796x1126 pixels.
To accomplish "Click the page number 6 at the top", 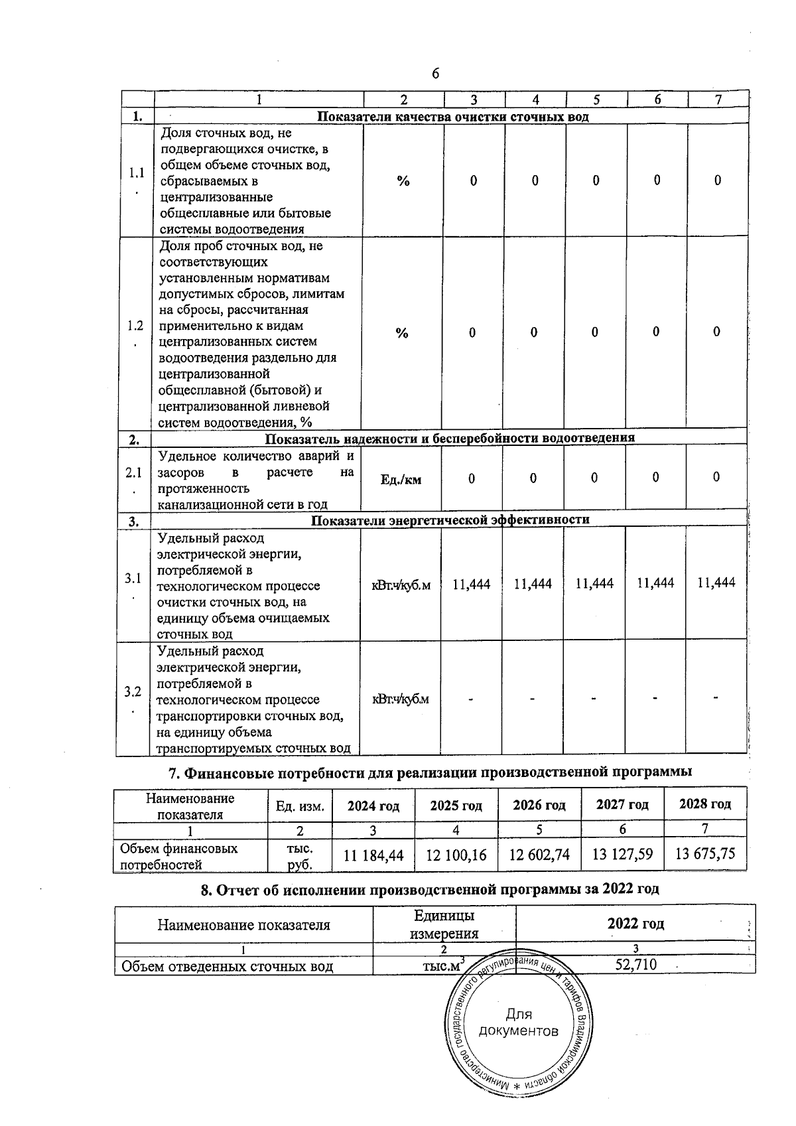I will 435,74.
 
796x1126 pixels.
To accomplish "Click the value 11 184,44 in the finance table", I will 373,855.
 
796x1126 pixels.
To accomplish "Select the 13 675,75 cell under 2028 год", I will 705,853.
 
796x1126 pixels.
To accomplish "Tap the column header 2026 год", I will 539,806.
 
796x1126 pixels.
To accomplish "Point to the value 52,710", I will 635,964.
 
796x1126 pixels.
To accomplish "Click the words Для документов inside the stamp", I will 518,1022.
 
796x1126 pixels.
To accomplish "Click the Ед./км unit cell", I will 401,479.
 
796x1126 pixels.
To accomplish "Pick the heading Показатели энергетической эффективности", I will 450,520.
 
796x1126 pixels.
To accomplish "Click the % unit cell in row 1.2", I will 402,333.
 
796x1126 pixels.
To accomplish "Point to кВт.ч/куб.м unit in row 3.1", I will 401,585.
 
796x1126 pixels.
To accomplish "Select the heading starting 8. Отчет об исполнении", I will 430,889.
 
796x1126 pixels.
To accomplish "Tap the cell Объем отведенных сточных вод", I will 226,966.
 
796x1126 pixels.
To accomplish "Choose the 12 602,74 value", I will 539,855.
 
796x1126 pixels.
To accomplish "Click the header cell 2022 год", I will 635,924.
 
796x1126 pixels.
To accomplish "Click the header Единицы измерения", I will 444,924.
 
